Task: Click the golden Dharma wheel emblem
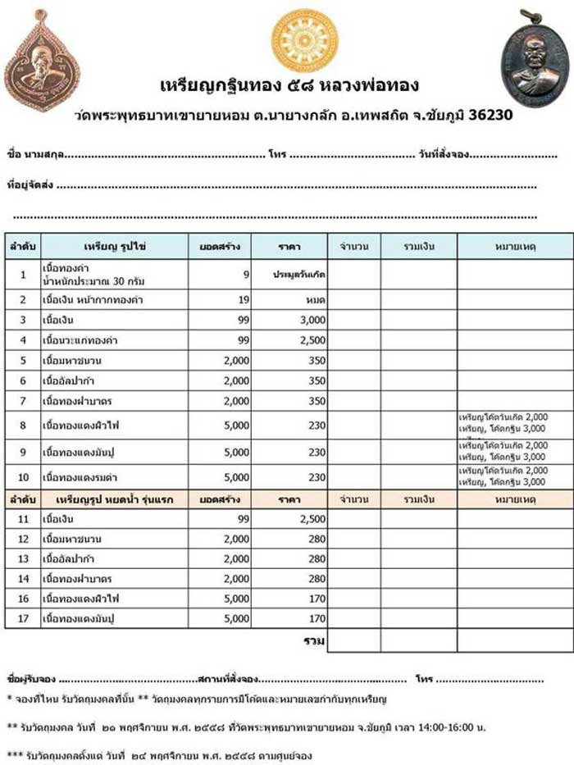(304, 40)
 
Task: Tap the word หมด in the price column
(316, 300)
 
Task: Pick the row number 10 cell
(23, 476)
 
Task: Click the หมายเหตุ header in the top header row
(516, 246)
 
